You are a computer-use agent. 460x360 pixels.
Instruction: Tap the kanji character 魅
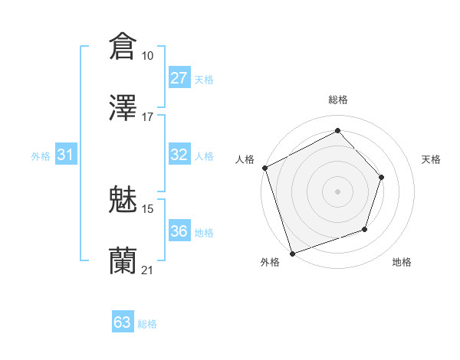pos(123,198)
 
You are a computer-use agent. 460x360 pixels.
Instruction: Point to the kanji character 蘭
pos(123,260)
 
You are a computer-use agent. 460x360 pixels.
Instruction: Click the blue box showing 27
pos(179,78)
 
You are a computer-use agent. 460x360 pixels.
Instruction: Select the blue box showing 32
pos(179,155)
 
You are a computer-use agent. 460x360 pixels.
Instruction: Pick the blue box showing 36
pos(179,231)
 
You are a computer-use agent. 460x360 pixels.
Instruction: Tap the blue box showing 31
pos(66,155)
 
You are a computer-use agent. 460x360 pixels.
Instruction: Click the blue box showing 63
pos(123,322)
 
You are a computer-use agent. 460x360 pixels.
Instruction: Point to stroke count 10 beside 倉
pos(148,56)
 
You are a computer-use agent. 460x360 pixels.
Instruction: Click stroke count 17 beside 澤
pos(148,117)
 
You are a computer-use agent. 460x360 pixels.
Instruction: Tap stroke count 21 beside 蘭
pos(148,270)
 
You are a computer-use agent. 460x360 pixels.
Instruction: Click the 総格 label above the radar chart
pos(338,100)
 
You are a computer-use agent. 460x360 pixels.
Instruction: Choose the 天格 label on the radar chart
pos(432,159)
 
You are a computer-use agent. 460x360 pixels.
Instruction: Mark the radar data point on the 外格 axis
pos(291,253)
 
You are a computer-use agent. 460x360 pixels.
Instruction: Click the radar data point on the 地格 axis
pos(366,228)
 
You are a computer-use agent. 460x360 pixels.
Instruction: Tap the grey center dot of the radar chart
pos(338,191)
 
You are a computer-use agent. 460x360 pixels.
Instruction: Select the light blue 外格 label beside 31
pos(41,156)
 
